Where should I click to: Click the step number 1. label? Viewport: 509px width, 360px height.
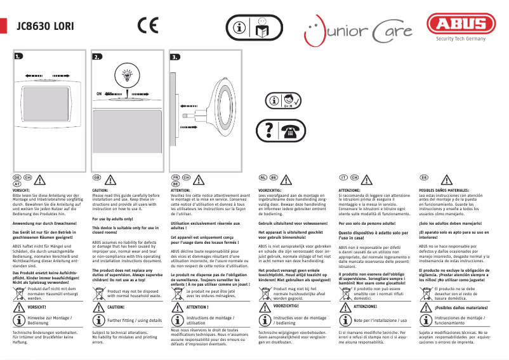tap(20, 57)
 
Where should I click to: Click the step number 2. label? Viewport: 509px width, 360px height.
tap(97, 57)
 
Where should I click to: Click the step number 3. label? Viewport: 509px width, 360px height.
tap(175, 57)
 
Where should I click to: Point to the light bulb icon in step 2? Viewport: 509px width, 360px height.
tap(128, 75)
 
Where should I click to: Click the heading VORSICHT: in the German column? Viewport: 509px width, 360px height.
tap(22, 190)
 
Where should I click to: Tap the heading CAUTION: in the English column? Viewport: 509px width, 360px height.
tap(102, 190)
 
